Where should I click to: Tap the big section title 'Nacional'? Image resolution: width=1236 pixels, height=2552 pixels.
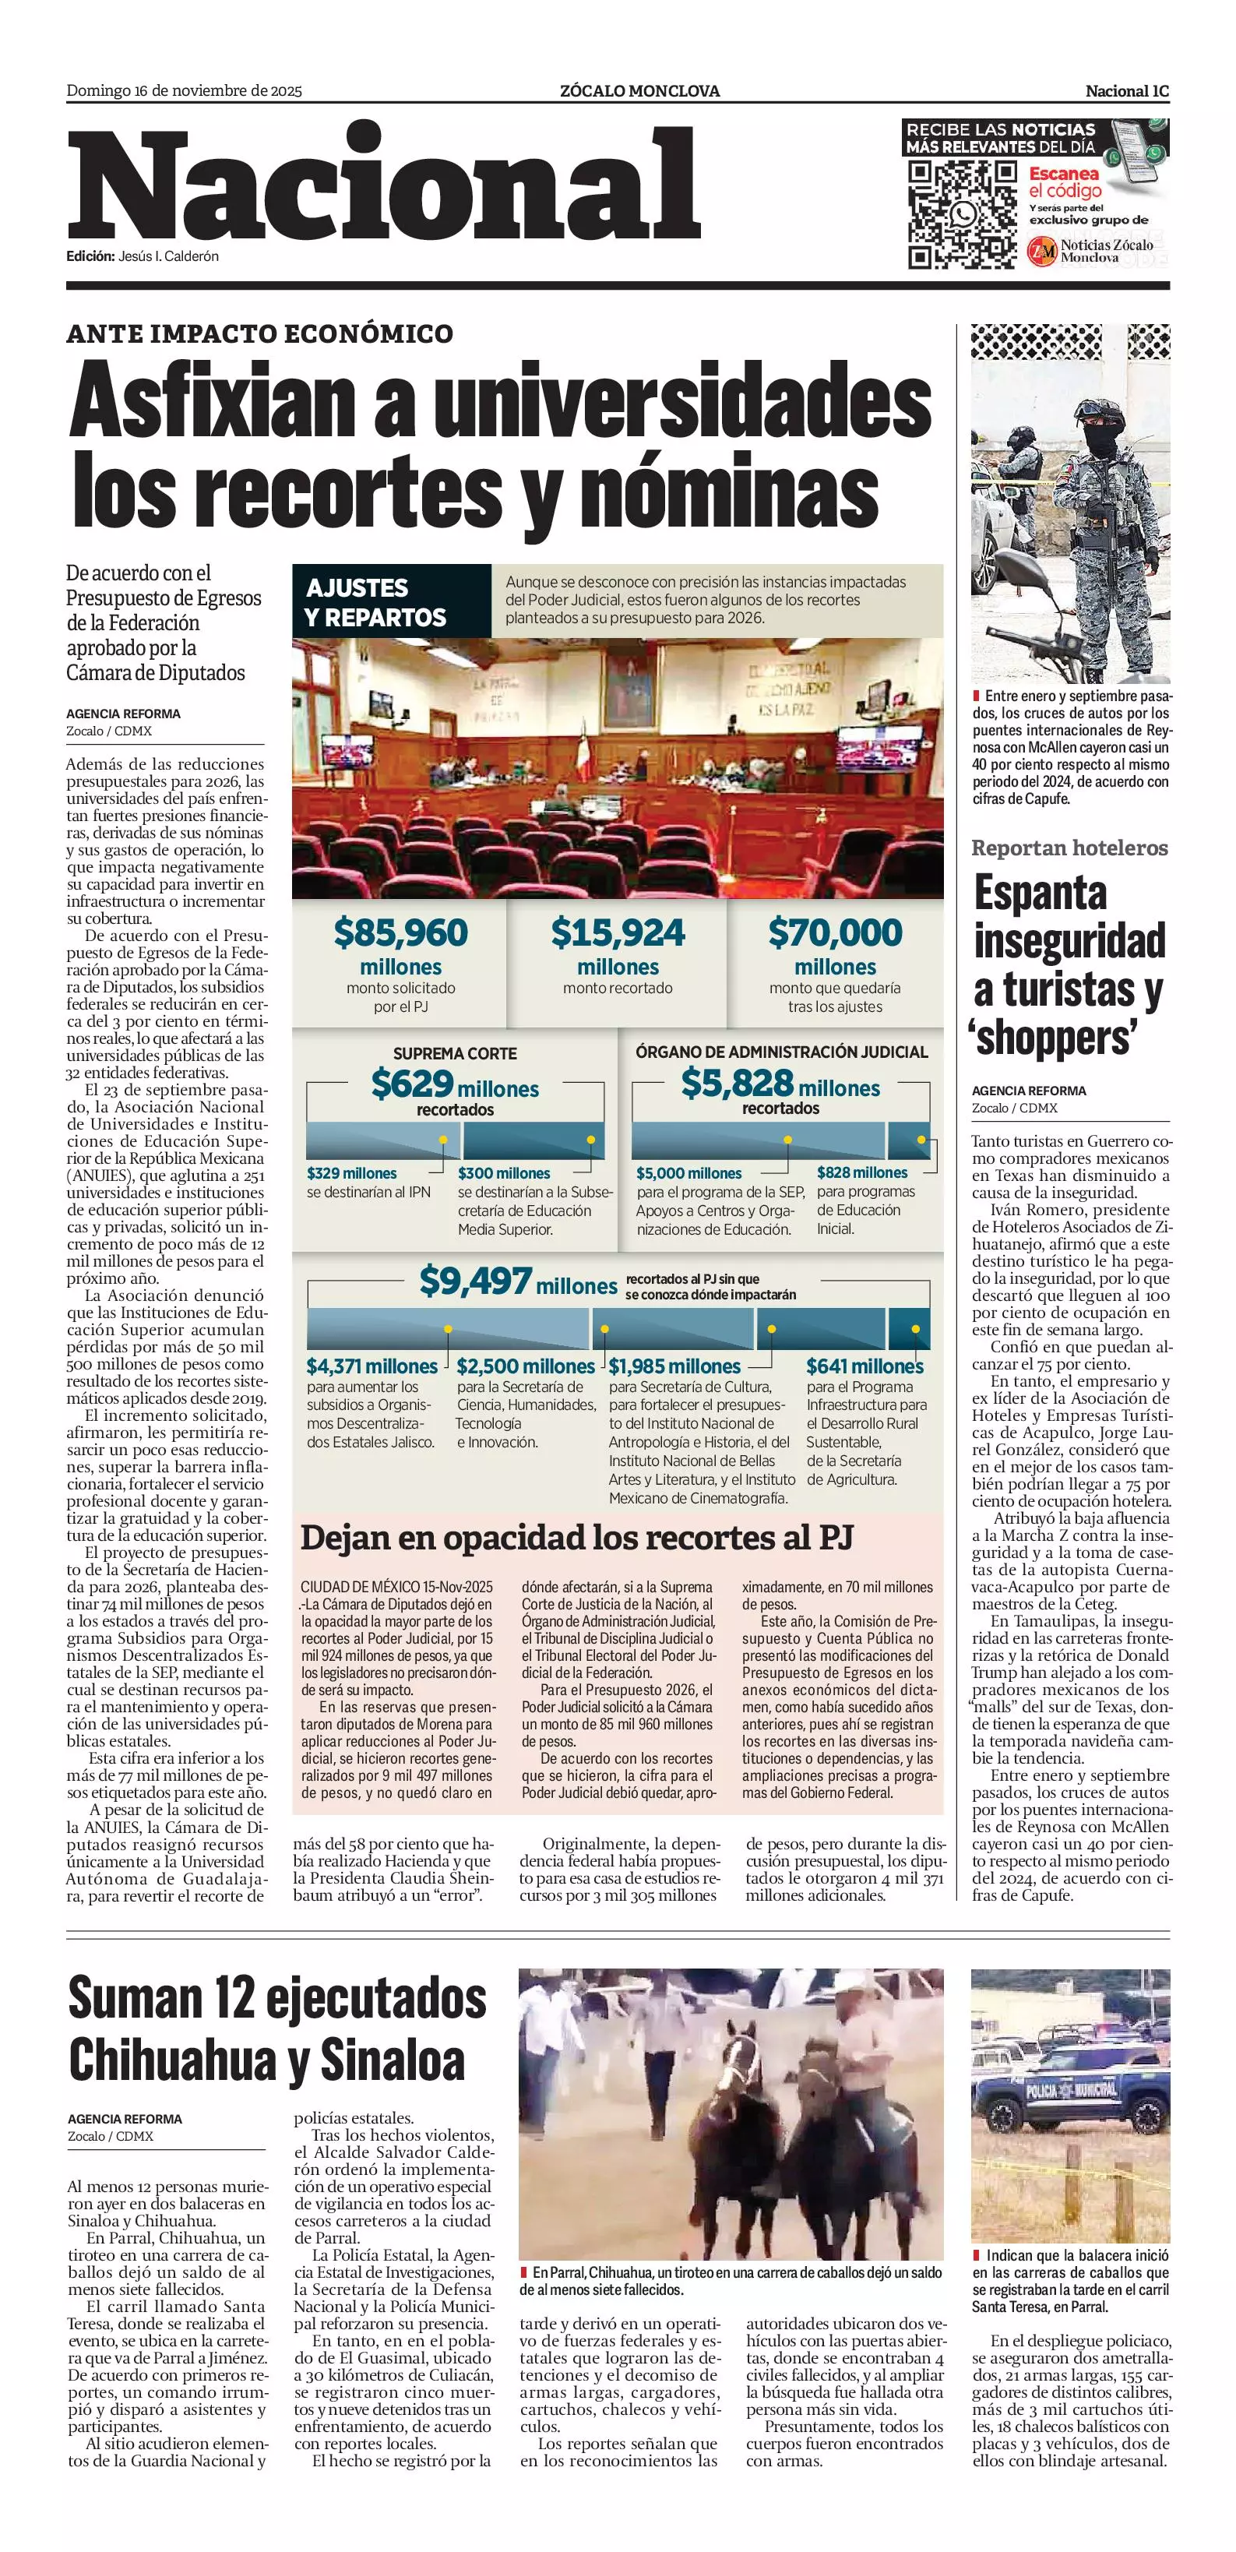(384, 185)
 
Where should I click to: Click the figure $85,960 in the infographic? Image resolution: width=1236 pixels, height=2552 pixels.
(400, 932)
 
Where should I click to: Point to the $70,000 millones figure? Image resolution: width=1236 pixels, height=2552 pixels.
(835, 932)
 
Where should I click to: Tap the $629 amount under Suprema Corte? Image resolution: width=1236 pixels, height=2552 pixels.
(412, 1084)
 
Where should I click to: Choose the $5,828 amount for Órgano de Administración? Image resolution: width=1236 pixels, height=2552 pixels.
(737, 1083)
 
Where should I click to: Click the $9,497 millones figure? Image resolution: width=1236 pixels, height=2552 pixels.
(475, 1281)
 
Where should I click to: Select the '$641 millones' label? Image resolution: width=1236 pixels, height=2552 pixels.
(864, 1366)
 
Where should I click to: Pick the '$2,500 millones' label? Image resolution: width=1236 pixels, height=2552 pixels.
(525, 1366)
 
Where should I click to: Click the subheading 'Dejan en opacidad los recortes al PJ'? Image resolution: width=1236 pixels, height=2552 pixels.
(576, 1538)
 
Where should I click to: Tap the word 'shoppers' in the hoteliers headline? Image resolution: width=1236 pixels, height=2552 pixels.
(1054, 1038)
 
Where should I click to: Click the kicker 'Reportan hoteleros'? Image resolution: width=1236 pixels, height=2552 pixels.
(1069, 848)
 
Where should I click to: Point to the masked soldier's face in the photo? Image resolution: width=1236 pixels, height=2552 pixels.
(1100, 436)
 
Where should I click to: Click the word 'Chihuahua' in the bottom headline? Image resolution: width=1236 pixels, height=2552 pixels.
(174, 2060)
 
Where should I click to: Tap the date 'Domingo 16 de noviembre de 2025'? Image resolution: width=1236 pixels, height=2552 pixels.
(185, 91)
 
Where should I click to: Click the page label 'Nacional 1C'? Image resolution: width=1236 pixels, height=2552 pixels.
(1126, 91)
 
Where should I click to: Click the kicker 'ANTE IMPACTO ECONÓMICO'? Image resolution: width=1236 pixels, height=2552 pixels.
(259, 334)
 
